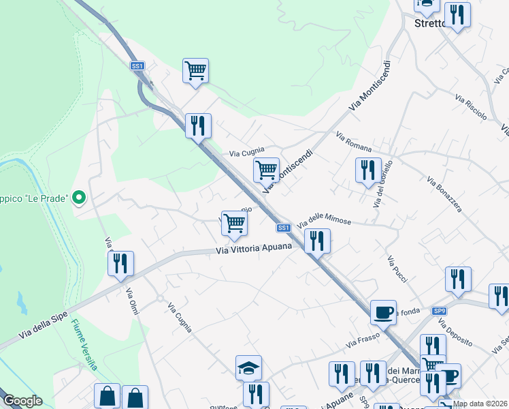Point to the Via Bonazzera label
tap(444, 194)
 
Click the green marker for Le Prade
tap(79, 198)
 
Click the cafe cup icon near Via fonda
tap(383, 313)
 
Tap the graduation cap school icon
tap(248, 368)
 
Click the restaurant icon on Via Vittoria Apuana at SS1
tap(317, 241)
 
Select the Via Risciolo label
tap(471, 108)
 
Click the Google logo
tap(22, 401)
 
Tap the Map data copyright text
tap(479, 404)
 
